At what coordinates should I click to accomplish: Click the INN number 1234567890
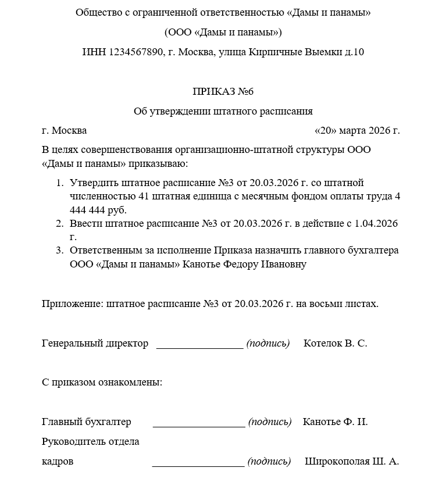[x=135, y=52]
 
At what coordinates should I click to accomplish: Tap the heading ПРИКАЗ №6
[x=223, y=91]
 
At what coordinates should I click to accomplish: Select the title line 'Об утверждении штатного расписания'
[x=223, y=111]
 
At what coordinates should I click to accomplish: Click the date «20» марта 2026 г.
[x=356, y=130]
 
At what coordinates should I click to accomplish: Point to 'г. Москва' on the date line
[x=65, y=130]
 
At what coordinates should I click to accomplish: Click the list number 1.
[x=59, y=183]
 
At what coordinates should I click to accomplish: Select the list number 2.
[x=59, y=224]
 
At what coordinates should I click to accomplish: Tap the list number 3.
[x=59, y=251]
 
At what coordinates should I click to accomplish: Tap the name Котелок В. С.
[x=336, y=343]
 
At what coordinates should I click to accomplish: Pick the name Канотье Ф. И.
[x=335, y=422]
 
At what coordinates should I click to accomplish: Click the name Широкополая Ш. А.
[x=352, y=462]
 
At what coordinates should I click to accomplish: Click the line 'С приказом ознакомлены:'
[x=102, y=383]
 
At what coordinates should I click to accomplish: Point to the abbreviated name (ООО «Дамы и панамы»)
[x=223, y=32]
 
